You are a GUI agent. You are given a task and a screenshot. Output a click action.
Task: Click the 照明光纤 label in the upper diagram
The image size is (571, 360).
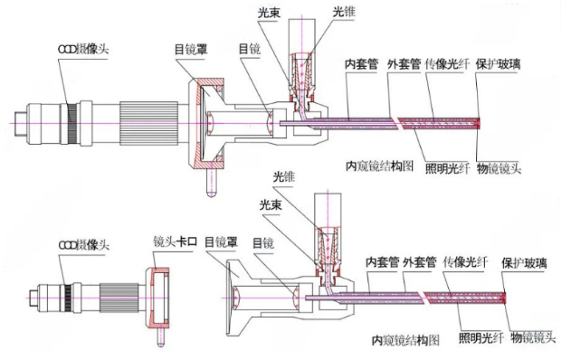[447, 168]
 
